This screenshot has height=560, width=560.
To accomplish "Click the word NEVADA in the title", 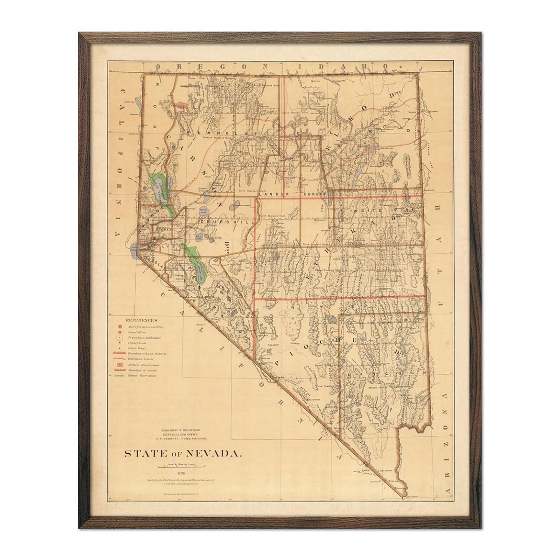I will point(215,453).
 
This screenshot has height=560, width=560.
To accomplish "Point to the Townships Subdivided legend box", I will point(120,336).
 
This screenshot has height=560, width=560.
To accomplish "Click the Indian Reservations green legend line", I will point(120,375).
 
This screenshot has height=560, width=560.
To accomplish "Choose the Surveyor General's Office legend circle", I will point(120,327).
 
